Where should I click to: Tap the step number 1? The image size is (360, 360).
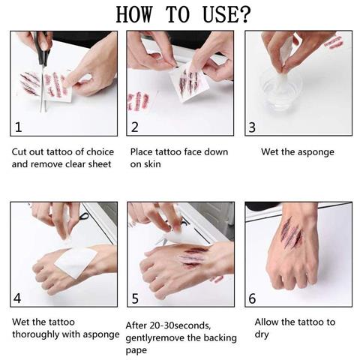pyautogui.click(x=19, y=127)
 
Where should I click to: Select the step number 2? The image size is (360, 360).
pyautogui.click(x=135, y=127)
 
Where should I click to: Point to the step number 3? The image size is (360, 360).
pyautogui.click(x=253, y=127)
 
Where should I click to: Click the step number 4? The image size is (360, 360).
pyautogui.click(x=18, y=298)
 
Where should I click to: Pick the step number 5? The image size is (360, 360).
pyautogui.click(x=135, y=298)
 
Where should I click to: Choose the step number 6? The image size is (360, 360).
pyautogui.click(x=253, y=298)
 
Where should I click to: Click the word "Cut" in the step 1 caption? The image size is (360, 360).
pyautogui.click(x=20, y=151)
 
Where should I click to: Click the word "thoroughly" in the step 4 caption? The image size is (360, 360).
pyautogui.click(x=37, y=334)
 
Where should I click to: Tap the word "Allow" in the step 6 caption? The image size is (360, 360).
pyautogui.click(x=268, y=322)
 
